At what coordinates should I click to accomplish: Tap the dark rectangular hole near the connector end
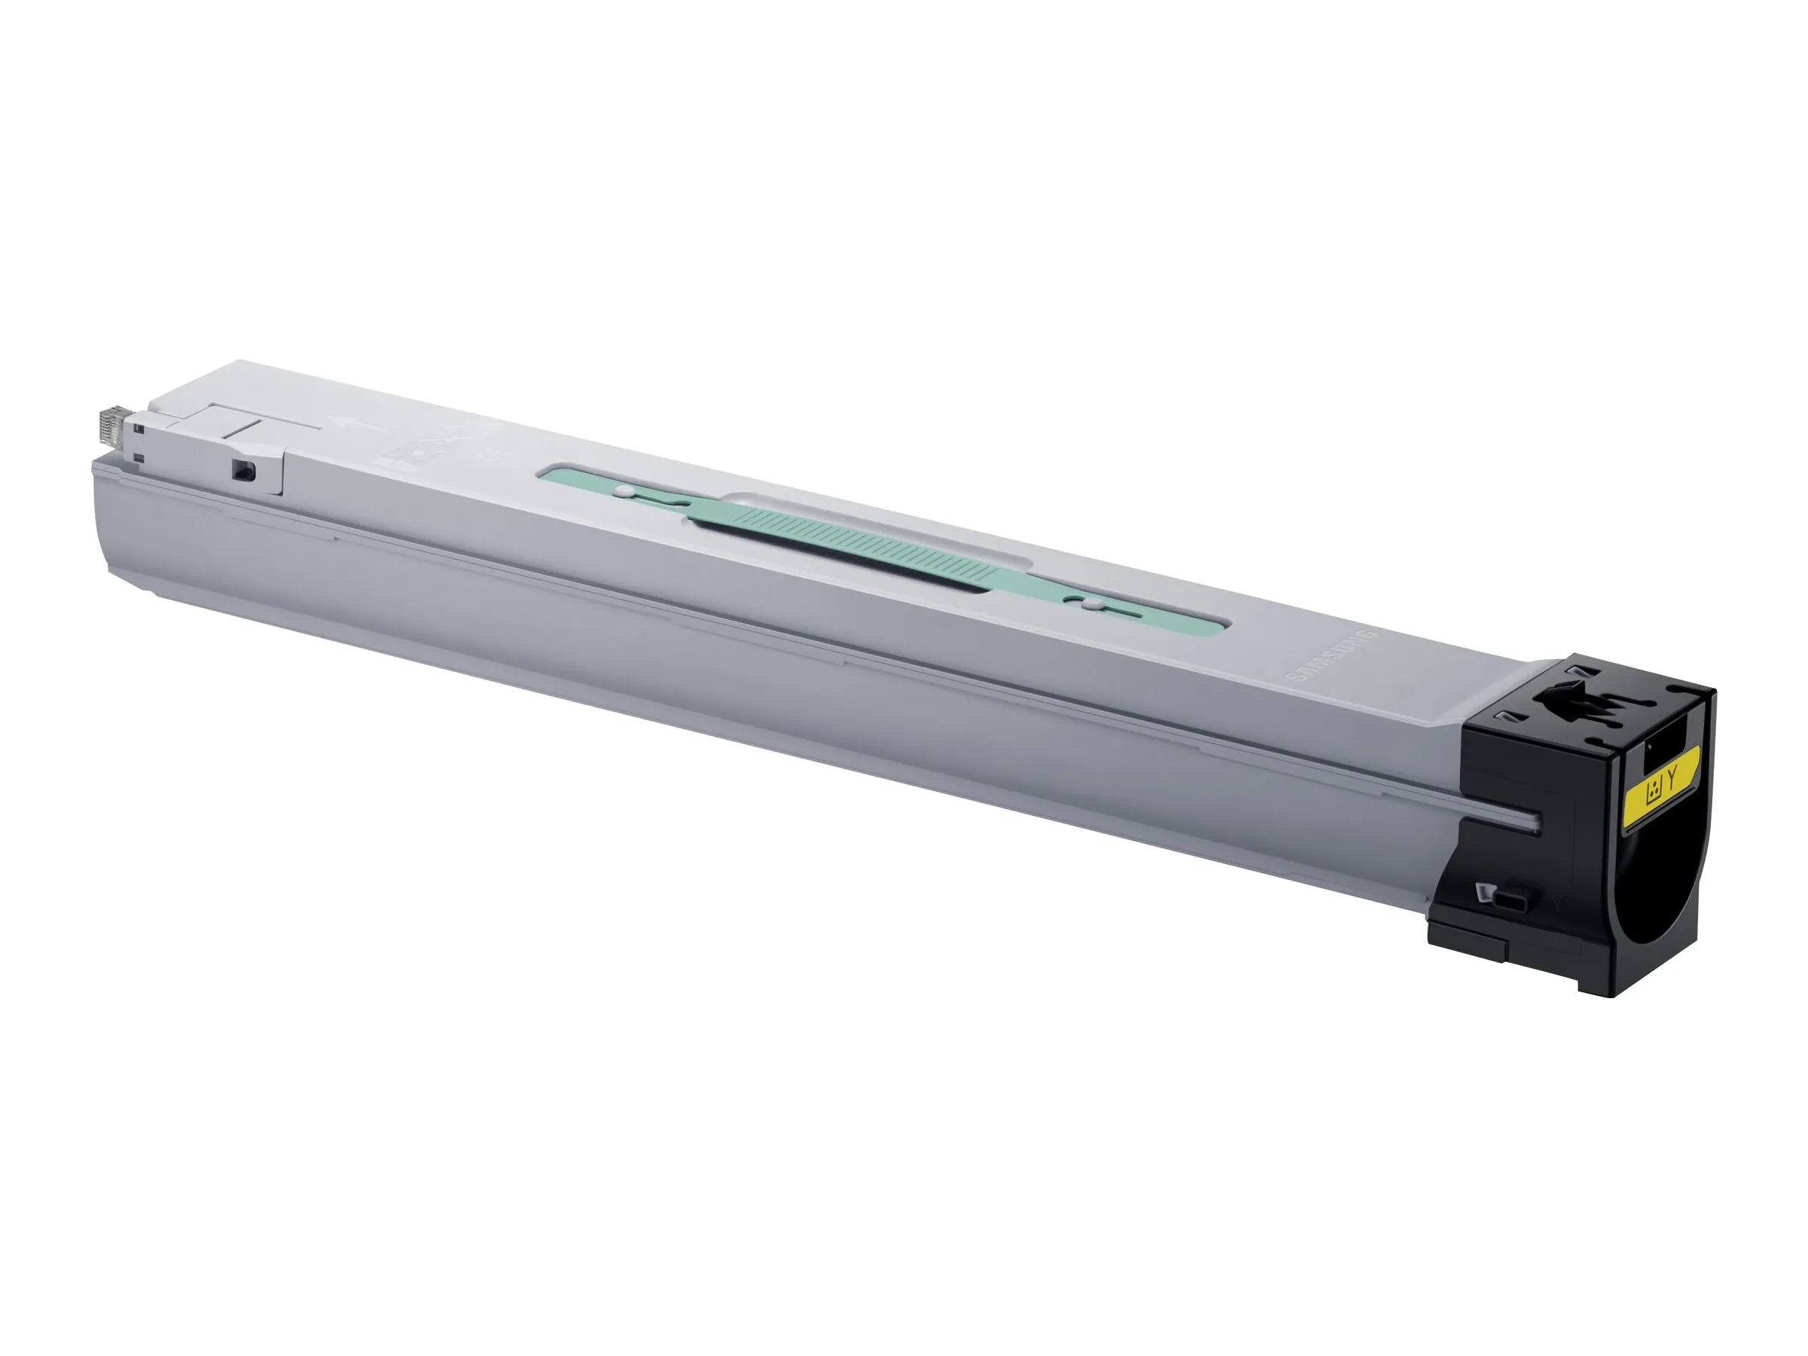243,472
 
